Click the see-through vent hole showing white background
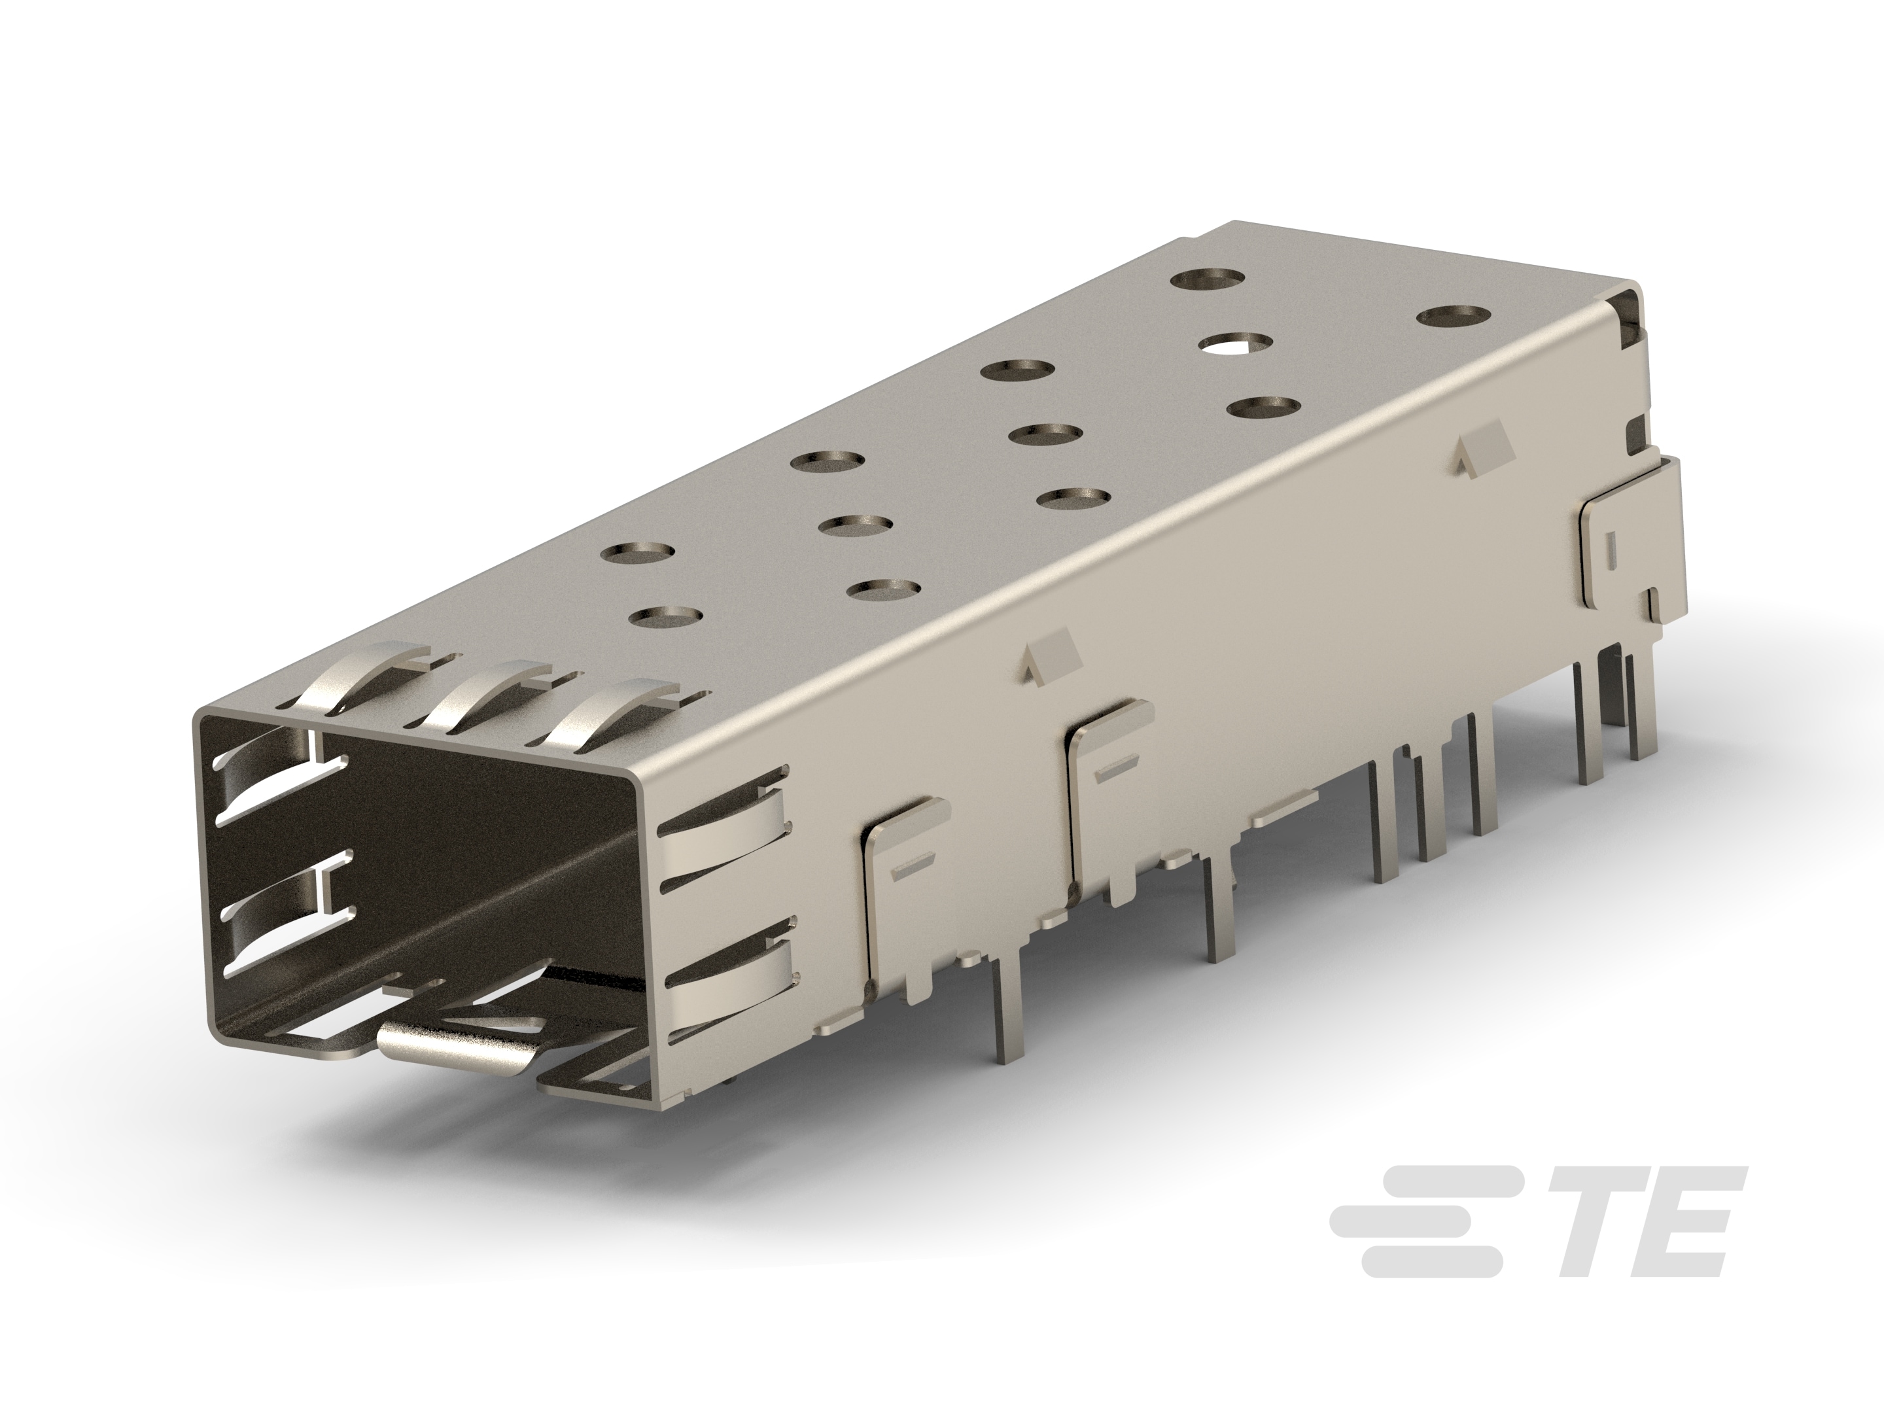1236,344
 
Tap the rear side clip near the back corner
1618,553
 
